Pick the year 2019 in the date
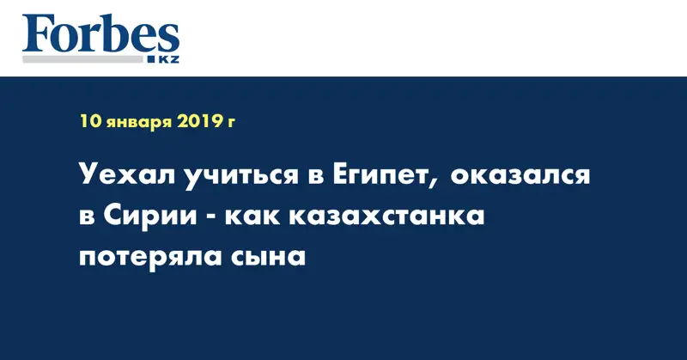point(202,123)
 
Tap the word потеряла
point(151,257)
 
